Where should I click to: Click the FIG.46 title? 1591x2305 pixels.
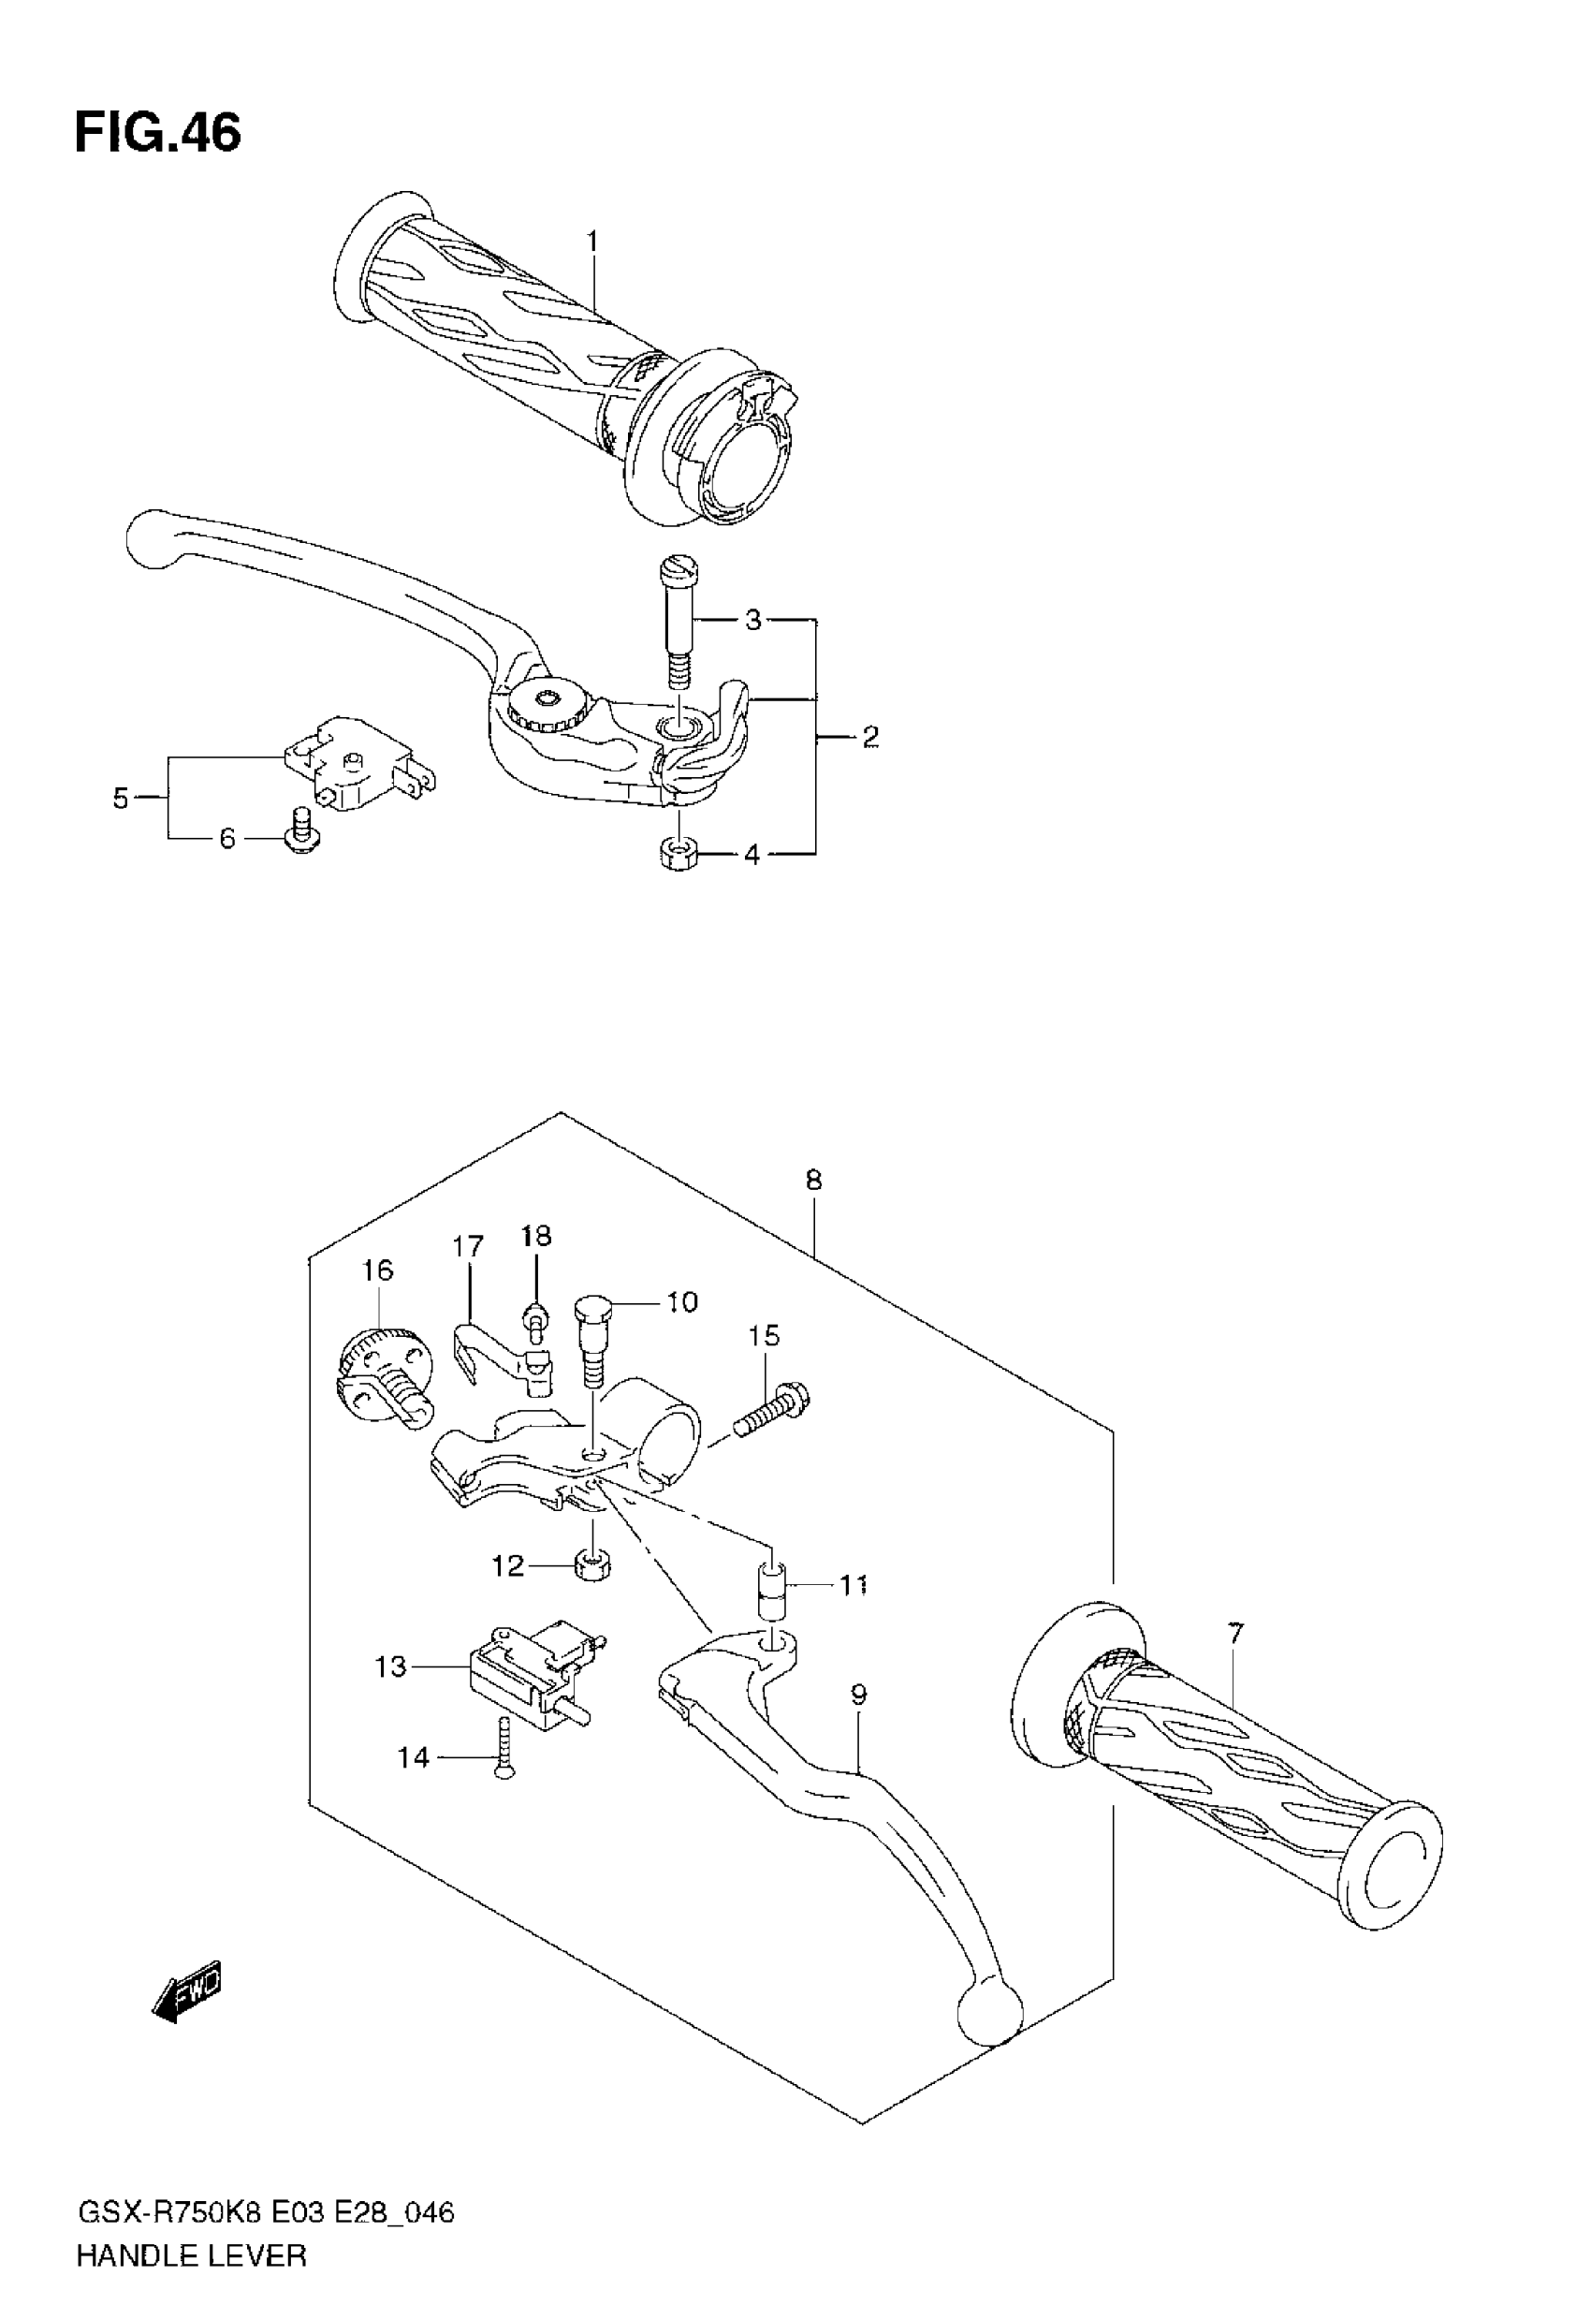pos(157,133)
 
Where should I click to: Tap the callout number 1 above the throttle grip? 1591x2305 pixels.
pos(592,242)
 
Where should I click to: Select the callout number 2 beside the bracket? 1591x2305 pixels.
pos(870,737)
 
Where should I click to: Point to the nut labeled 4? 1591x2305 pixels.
pos(678,854)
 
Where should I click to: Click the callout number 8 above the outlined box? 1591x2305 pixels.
pos(813,1181)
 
